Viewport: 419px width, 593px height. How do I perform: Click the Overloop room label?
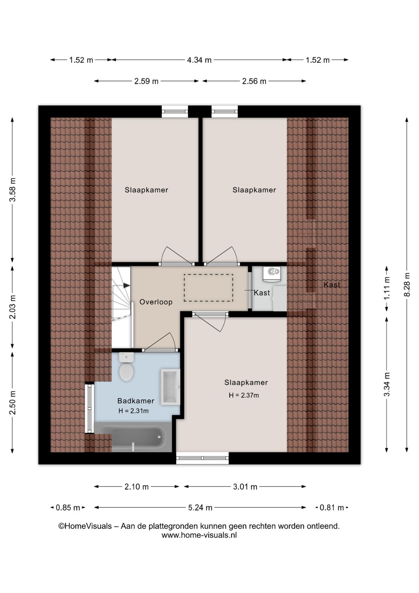[x=156, y=302]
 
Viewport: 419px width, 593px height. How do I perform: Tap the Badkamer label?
[x=136, y=401]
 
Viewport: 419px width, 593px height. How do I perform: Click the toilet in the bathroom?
[x=126, y=367]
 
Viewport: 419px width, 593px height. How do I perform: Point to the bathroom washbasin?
[x=170, y=387]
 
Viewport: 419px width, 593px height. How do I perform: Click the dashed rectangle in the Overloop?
[x=208, y=288]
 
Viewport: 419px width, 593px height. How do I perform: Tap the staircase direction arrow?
[x=126, y=285]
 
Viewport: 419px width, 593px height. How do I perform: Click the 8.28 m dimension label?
[x=407, y=284]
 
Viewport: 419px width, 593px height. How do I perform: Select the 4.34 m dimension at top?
[x=199, y=60]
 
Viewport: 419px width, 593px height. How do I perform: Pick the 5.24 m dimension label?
[x=200, y=508]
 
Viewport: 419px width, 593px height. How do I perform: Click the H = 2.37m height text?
[x=244, y=395]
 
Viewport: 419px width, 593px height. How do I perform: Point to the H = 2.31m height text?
[x=133, y=411]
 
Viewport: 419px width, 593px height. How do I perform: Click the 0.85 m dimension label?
[x=68, y=508]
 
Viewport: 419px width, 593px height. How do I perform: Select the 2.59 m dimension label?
[x=146, y=81]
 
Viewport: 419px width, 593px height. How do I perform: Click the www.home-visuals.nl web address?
[x=199, y=535]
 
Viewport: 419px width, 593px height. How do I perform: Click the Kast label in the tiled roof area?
[x=332, y=285]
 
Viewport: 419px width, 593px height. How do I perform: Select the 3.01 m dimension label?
[x=245, y=487]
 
